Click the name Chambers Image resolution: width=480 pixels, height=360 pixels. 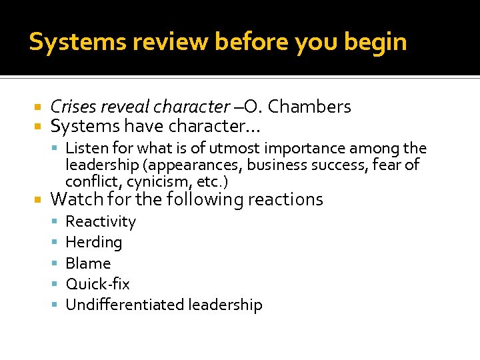click(x=309, y=107)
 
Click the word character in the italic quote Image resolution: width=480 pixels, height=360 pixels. click(x=191, y=107)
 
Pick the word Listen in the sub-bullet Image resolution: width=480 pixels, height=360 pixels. click(x=83, y=148)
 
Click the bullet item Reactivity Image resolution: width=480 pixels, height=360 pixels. click(x=101, y=221)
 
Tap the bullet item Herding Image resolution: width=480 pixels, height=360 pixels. click(x=94, y=242)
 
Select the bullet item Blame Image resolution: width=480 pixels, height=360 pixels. click(x=88, y=263)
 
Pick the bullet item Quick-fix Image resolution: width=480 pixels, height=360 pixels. click(x=97, y=284)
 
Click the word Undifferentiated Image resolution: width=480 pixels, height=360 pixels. click(x=125, y=305)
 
